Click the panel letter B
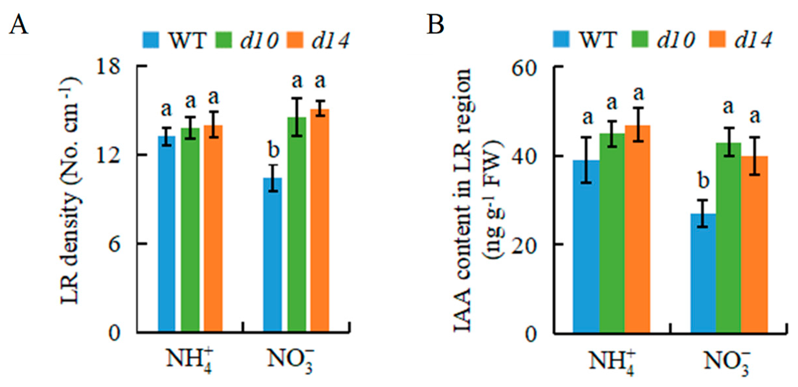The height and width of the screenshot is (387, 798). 435,25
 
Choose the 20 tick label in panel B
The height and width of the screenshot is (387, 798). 524,244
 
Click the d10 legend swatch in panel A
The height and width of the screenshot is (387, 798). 223,40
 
